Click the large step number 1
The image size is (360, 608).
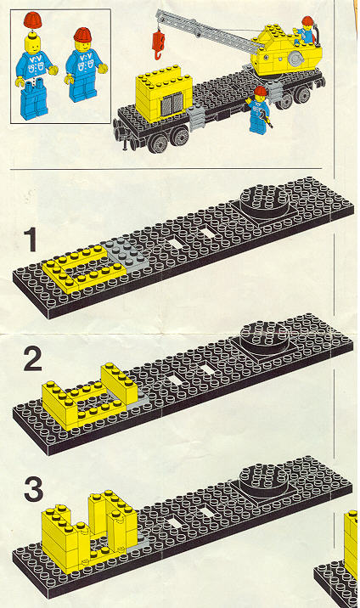point(31,239)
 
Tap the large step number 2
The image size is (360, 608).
point(32,359)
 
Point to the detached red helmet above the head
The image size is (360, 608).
point(32,20)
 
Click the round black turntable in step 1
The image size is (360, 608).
point(265,201)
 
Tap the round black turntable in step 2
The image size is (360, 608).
point(265,337)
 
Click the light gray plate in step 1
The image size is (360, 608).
point(125,255)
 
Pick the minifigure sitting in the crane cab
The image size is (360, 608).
point(306,31)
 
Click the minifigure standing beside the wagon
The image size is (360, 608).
point(258,110)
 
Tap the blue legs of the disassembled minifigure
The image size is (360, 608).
point(33,102)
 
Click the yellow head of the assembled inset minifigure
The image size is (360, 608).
point(82,46)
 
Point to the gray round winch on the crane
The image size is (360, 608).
point(296,59)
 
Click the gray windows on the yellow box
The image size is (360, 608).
point(172,104)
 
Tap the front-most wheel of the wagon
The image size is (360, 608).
point(159,144)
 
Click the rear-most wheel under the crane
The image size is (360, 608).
point(302,94)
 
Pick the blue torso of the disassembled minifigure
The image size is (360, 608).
point(34,67)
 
